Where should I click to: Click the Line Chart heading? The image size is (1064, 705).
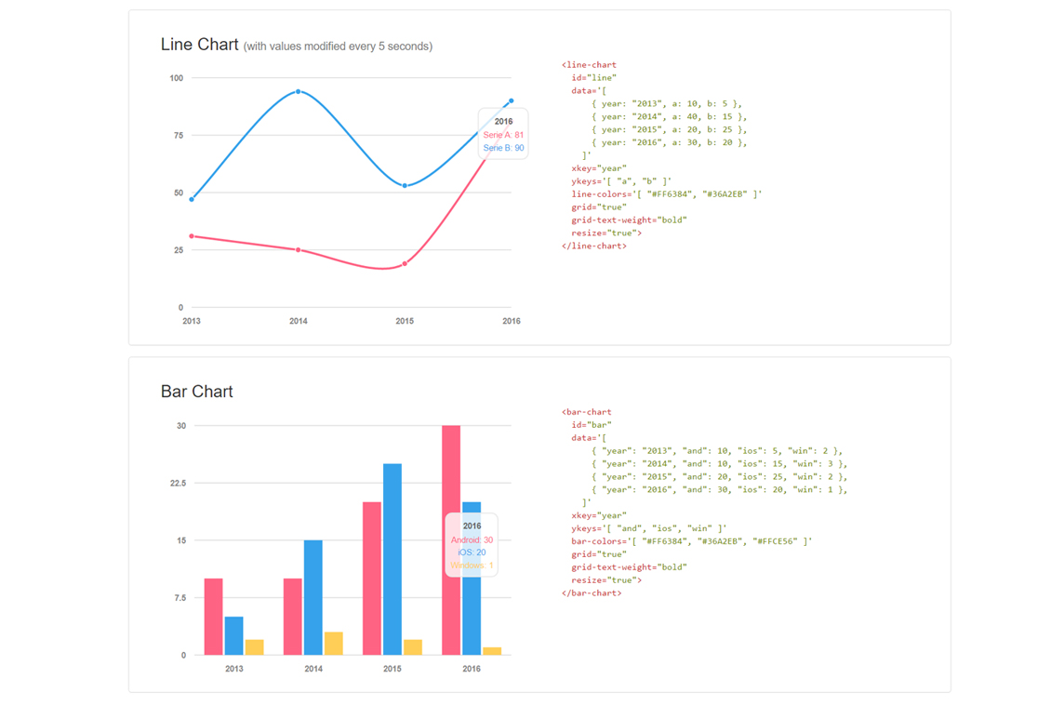click(x=199, y=45)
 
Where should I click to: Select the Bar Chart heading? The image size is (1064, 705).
click(x=197, y=392)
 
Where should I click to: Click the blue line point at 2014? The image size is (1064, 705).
click(x=298, y=91)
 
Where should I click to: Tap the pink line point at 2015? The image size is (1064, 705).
click(x=405, y=264)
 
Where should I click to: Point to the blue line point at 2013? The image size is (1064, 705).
click(x=192, y=199)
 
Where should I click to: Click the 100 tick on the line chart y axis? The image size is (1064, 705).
click(x=177, y=78)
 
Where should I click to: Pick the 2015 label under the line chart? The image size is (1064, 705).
click(x=405, y=321)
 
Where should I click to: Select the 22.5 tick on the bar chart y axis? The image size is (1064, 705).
click(x=178, y=483)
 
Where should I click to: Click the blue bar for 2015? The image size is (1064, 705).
click(x=392, y=559)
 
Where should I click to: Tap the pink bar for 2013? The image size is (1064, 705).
click(x=213, y=617)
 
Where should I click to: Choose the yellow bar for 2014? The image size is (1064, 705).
click(x=333, y=644)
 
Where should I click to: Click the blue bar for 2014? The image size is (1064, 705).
click(x=313, y=598)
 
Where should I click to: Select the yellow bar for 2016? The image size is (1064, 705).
click(x=492, y=651)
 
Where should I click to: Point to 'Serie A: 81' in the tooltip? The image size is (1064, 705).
click(x=503, y=135)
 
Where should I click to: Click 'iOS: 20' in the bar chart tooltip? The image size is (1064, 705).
click(x=472, y=552)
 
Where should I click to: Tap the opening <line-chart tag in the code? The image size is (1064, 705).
click(x=589, y=65)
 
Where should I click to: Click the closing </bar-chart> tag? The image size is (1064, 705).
click(x=592, y=593)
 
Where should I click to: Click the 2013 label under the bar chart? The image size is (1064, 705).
click(x=234, y=669)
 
